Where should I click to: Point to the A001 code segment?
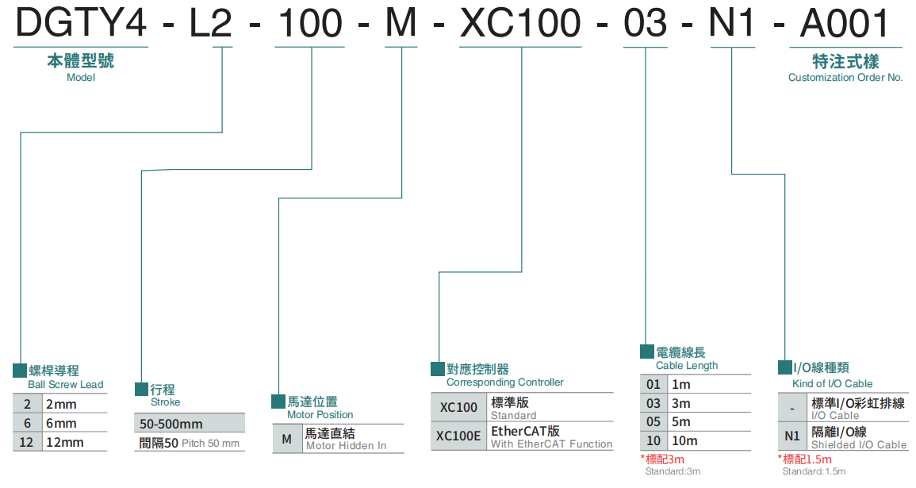click(x=845, y=23)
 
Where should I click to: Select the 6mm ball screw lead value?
click(x=61, y=423)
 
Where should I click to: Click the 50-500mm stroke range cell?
click(x=171, y=424)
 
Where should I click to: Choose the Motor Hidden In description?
click(x=347, y=446)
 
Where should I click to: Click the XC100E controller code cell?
click(x=458, y=436)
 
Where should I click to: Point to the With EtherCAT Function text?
click(x=551, y=444)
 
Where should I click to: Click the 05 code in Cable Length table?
click(x=653, y=422)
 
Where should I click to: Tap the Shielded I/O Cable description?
click(x=859, y=445)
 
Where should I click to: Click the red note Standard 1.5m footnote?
click(x=810, y=459)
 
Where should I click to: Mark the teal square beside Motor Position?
click(x=278, y=402)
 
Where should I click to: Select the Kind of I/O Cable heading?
click(x=833, y=383)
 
